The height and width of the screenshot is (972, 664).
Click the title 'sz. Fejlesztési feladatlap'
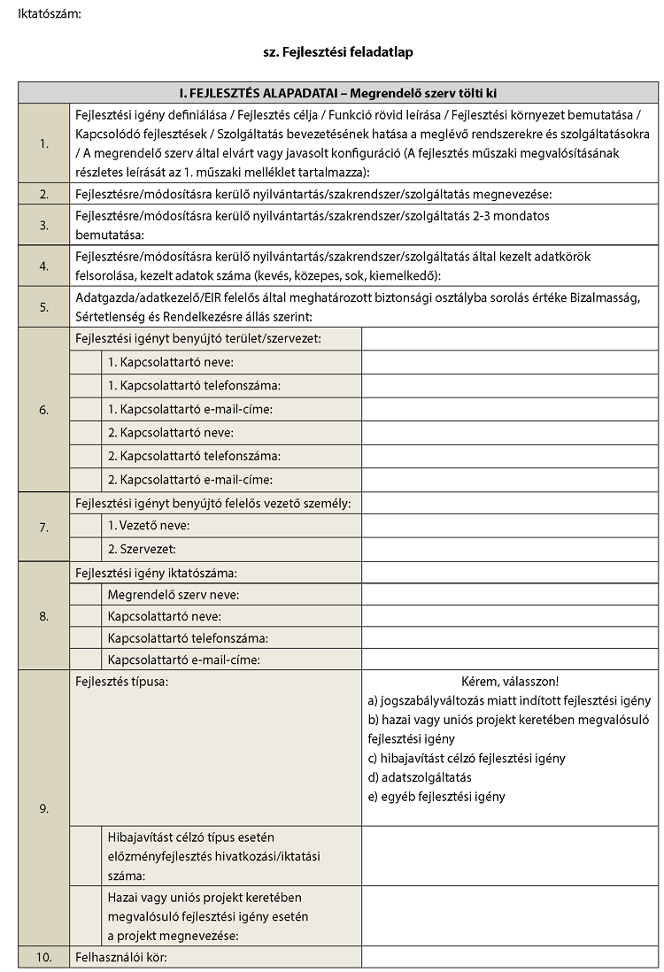coord(338,52)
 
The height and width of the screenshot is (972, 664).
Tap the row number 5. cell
coord(43,308)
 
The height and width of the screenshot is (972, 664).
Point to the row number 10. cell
coord(43,957)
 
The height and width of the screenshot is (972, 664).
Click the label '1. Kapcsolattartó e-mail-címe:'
coord(189,409)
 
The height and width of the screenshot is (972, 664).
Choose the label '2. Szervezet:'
coord(142,549)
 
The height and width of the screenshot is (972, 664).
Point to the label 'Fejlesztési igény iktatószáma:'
coord(157,573)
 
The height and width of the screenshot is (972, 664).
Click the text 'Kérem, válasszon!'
coord(510,682)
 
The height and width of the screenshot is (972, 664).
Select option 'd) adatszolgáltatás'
coord(420,777)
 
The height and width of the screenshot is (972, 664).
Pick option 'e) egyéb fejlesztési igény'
coord(436,796)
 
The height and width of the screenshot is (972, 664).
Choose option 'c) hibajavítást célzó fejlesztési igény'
coord(466,758)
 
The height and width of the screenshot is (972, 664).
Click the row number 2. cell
coord(43,194)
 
